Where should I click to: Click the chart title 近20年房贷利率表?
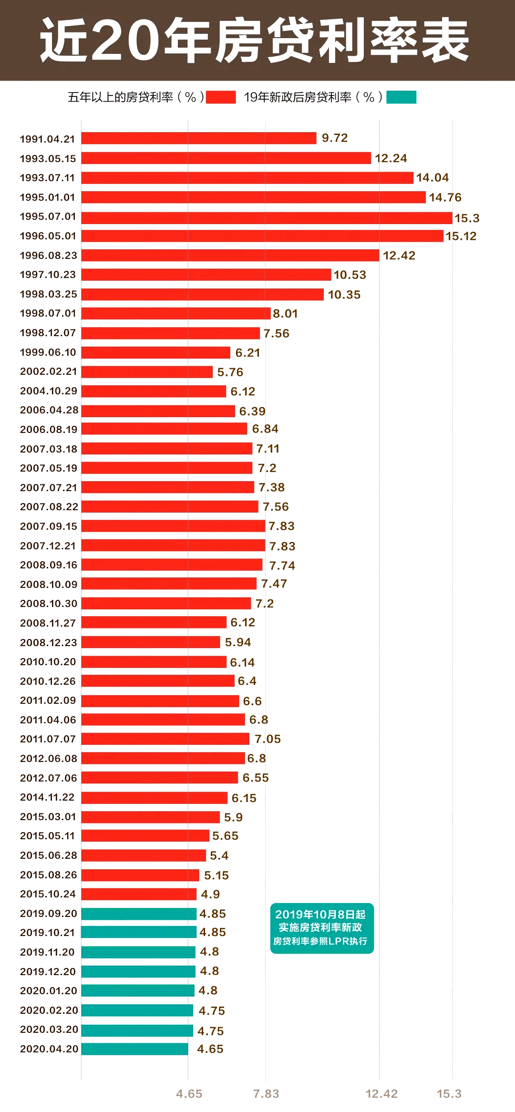coord(255,40)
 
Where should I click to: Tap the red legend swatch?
coord(221,97)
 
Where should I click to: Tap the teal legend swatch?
coord(401,97)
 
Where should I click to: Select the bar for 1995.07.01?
coord(267,218)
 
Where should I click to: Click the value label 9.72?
coord(335,138)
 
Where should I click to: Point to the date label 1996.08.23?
coord(48,256)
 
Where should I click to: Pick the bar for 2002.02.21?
coord(147,372)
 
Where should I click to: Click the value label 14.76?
coord(445,197)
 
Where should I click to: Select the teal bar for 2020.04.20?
coord(135,1049)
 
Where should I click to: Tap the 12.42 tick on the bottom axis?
coord(381,1094)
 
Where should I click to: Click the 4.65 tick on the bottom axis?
coord(189,1094)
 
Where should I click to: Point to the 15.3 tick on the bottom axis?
coord(449,1094)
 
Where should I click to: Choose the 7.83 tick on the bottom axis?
coord(266,1094)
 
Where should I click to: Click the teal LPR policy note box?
coord(322,928)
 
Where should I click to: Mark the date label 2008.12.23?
coord(48,643)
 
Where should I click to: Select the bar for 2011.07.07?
coord(165,739)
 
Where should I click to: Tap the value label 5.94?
coord(238,642)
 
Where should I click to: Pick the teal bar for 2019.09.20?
coord(139,914)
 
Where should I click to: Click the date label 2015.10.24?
coord(48,894)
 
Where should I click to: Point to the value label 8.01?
coord(285,314)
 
